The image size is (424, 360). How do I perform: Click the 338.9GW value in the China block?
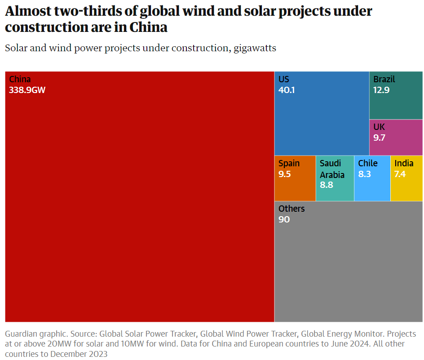(27, 90)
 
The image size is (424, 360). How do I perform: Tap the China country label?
(20, 80)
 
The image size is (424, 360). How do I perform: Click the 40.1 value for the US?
(287, 90)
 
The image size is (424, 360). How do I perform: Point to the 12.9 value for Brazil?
(381, 90)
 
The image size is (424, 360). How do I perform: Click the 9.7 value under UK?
(380, 138)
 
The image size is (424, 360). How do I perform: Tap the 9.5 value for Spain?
(285, 174)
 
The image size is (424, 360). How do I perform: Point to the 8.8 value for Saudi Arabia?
(327, 185)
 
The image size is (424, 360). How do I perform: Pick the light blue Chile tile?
(372, 189)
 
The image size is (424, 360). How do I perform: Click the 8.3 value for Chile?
(365, 174)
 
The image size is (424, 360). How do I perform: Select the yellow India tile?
(406, 189)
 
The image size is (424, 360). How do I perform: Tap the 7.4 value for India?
(400, 174)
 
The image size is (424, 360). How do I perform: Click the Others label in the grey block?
(291, 209)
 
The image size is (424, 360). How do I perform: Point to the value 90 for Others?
(284, 219)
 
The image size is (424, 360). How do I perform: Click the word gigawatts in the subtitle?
(255, 48)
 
